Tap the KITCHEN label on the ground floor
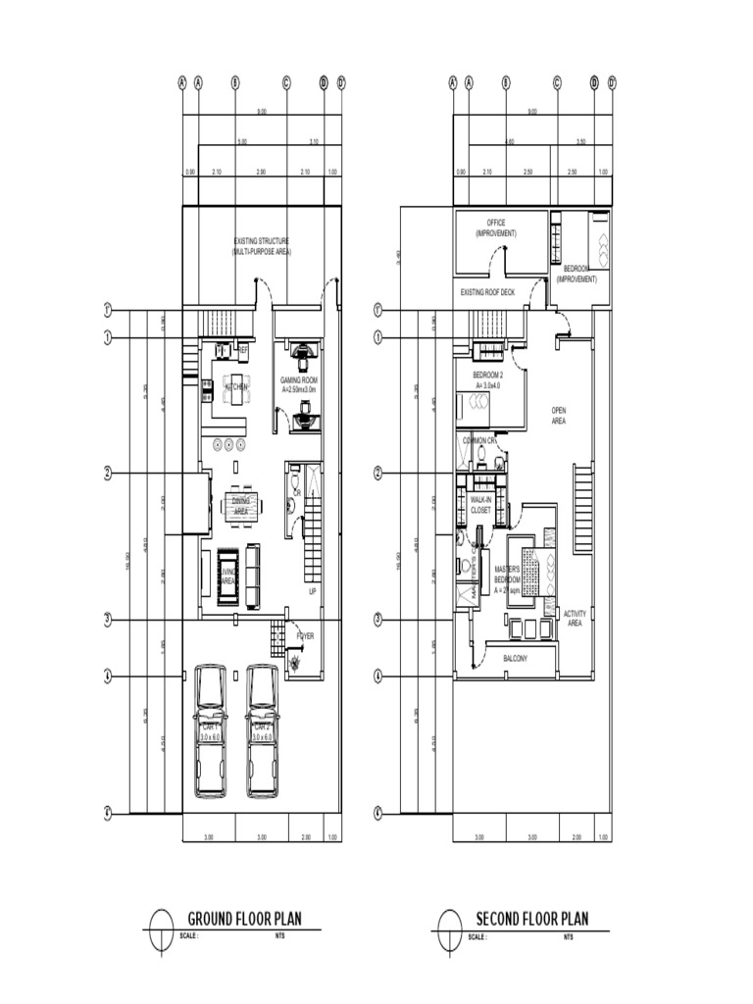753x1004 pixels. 236,387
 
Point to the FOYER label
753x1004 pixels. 306,636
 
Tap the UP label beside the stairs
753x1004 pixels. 313,592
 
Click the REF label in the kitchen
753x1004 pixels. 243,348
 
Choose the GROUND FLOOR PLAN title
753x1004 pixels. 244,919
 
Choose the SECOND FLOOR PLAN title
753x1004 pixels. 532,919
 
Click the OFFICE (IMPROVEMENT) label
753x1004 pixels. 495,228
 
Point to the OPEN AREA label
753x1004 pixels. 559,416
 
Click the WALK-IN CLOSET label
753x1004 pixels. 480,505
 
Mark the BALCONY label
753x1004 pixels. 515,659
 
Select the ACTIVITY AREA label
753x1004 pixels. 575,618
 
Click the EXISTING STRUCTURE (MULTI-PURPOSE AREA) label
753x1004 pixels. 261,246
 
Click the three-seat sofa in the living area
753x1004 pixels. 253,577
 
